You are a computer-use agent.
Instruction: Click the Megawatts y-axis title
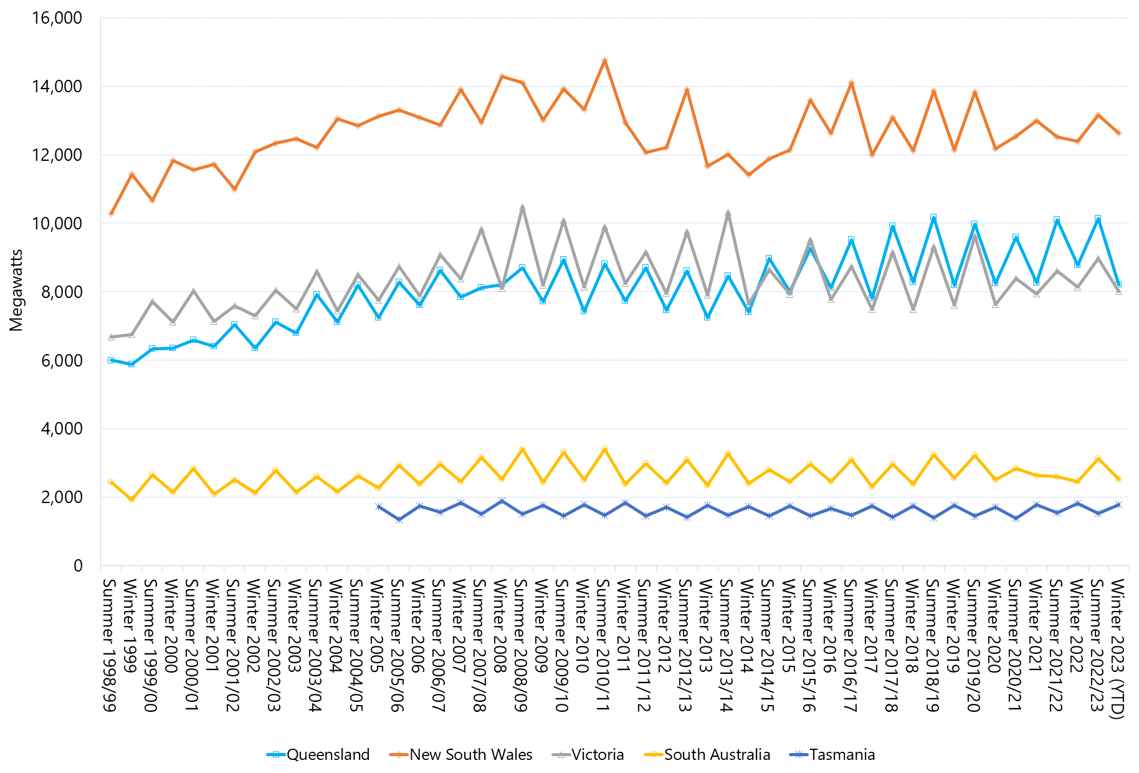(x=16, y=290)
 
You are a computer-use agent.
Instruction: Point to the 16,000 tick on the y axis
(x=57, y=18)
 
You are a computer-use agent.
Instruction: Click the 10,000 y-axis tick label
(x=57, y=223)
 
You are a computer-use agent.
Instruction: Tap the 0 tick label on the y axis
(x=78, y=565)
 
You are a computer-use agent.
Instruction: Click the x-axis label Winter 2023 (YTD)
(x=1118, y=649)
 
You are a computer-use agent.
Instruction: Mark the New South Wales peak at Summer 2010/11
(x=604, y=60)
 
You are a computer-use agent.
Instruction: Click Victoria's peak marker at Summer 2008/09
(x=522, y=208)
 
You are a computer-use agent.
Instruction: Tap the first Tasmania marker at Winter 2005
(x=378, y=507)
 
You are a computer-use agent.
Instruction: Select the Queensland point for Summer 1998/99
(x=111, y=360)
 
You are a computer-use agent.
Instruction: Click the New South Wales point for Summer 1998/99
(x=111, y=213)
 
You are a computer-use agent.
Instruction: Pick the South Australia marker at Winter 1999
(x=131, y=499)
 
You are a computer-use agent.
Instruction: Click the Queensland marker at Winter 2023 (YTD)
(x=1118, y=284)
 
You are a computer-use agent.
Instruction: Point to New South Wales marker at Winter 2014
(x=748, y=175)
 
